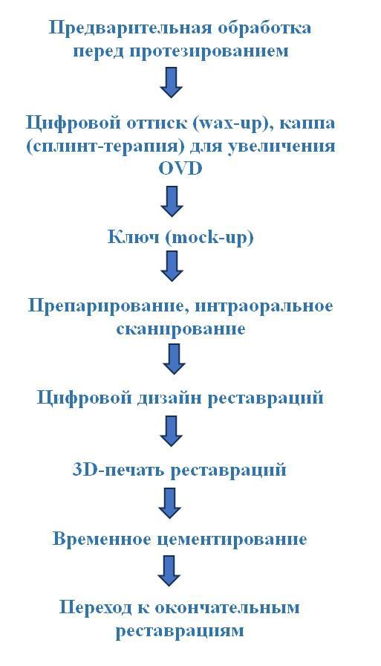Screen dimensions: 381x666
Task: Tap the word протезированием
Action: point(209,51)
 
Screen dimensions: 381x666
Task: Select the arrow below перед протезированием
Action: point(171,82)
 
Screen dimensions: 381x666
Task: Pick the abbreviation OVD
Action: point(180,169)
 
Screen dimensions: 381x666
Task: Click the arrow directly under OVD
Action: point(172,201)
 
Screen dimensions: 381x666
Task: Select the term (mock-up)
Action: point(209,237)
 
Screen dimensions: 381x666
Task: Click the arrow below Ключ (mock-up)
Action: point(172,266)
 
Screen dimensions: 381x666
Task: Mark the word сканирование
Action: point(180,329)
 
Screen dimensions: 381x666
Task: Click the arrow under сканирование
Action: point(175,359)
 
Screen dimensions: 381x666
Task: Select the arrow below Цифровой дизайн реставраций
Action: point(171,430)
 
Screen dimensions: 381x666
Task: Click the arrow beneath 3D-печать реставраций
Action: point(170,503)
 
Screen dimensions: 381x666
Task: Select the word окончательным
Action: point(227,608)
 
